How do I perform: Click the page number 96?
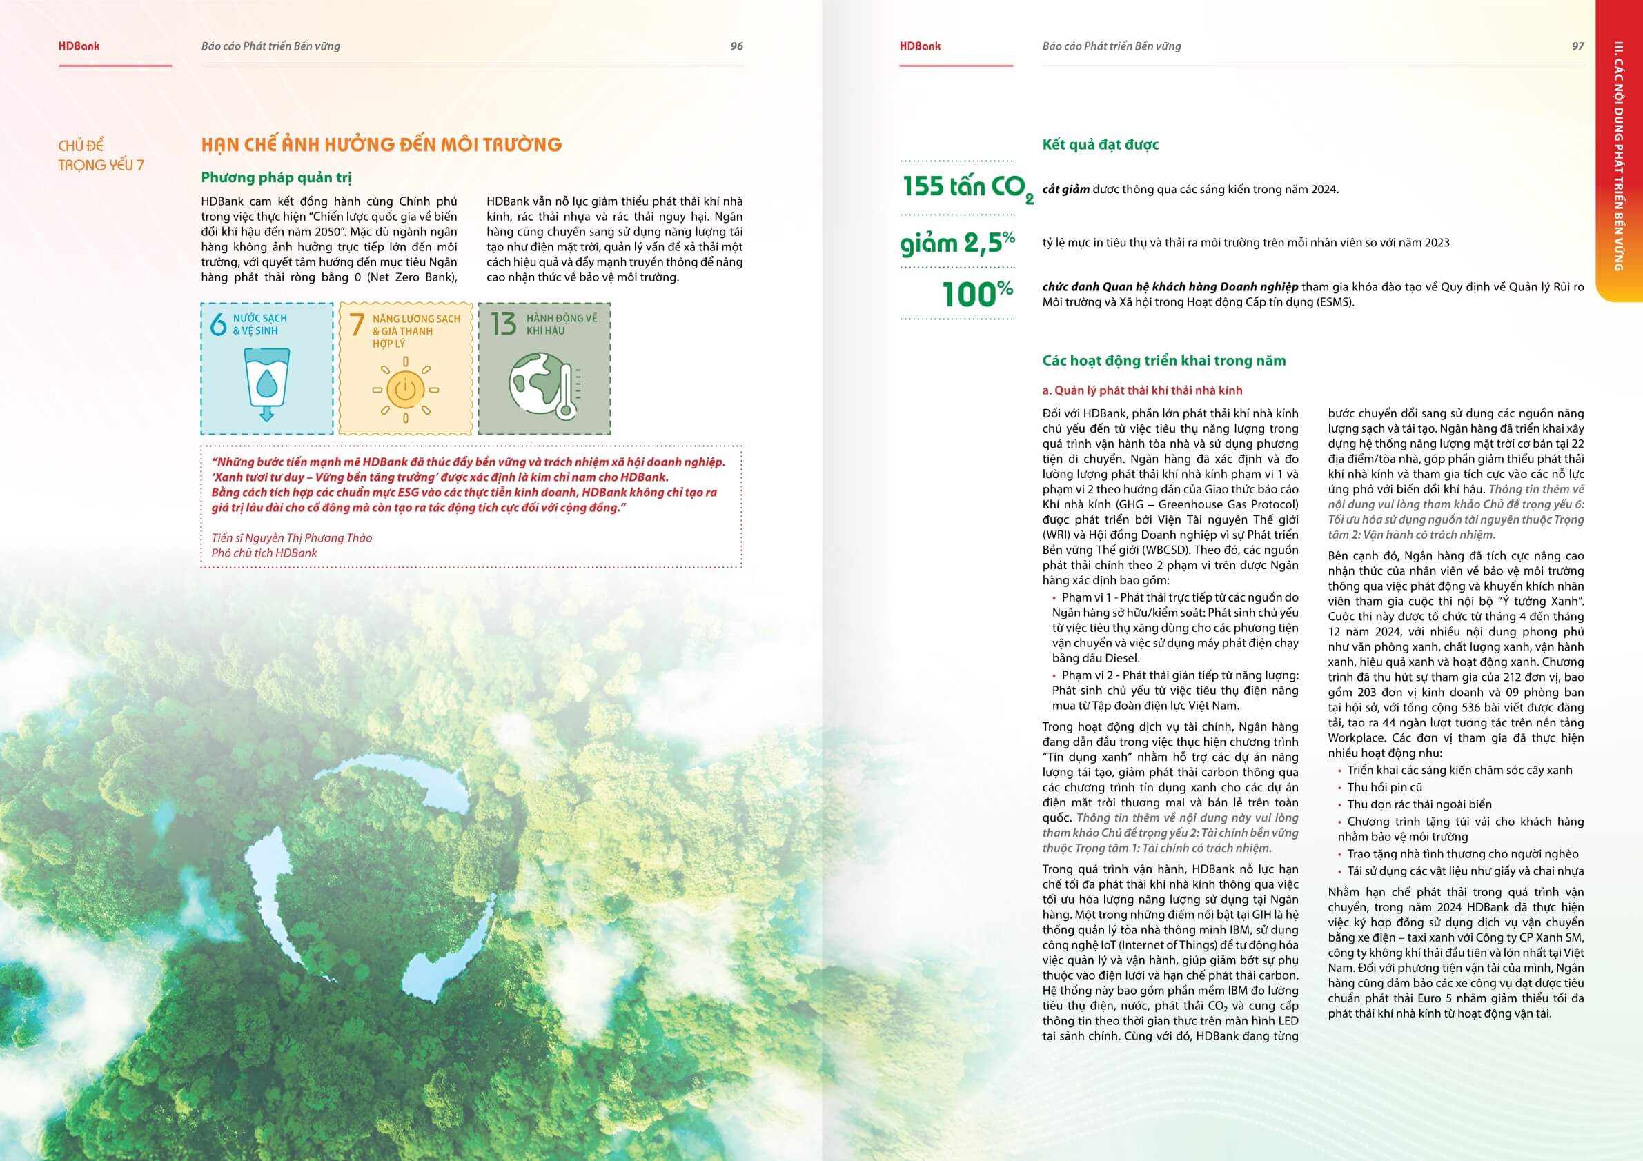point(736,46)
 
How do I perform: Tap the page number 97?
point(1577,46)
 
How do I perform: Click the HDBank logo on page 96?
point(79,46)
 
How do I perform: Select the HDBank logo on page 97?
point(921,46)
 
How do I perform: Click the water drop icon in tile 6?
point(267,383)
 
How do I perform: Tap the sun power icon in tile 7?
point(405,390)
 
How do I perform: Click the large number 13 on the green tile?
point(503,324)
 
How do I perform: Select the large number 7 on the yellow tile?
point(357,325)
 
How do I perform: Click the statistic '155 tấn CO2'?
point(967,188)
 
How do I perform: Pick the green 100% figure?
point(978,294)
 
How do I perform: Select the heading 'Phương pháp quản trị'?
point(276,177)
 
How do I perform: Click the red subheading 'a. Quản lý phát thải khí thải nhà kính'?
point(1142,390)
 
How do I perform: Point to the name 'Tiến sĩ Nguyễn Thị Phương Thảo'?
point(292,538)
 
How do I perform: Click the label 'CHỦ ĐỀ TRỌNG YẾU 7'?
point(101,155)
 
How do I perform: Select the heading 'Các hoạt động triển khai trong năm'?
point(1163,361)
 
